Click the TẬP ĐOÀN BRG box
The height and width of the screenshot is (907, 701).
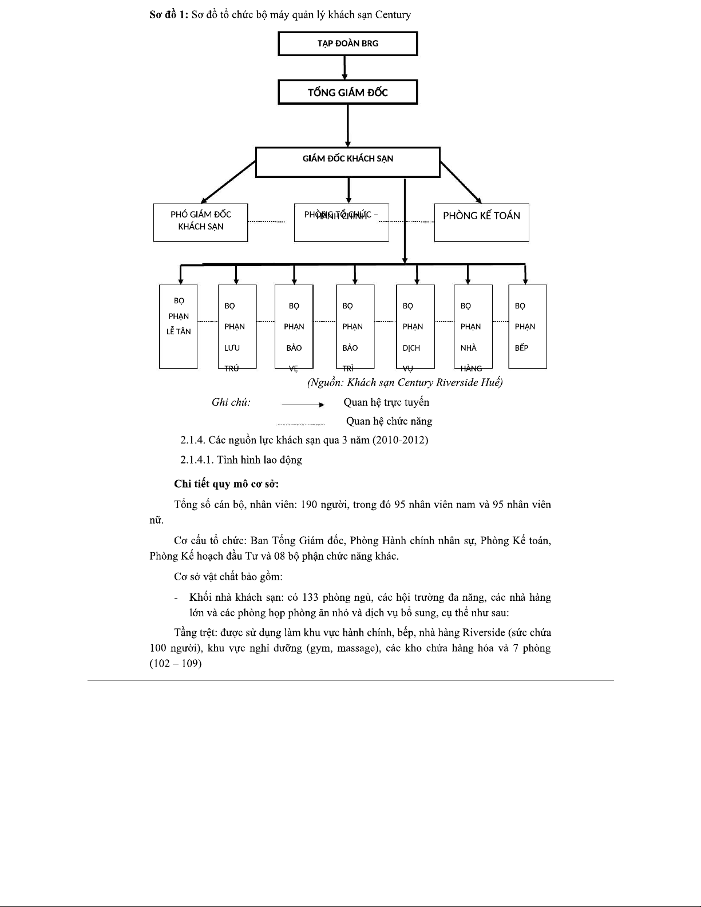coord(347,43)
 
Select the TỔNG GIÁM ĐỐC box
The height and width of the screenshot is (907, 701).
coord(347,92)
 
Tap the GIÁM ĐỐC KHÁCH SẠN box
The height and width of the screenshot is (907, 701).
coord(347,162)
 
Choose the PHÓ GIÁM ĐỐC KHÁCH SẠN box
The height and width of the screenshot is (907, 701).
coord(200,222)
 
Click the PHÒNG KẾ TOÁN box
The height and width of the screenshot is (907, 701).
coord(481,222)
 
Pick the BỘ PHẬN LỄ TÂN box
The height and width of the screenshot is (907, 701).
coord(178,326)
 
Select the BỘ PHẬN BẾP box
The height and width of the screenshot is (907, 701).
coord(527,326)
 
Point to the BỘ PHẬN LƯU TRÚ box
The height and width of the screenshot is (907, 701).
coord(237,326)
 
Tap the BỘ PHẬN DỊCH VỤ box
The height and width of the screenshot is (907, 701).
coord(415,326)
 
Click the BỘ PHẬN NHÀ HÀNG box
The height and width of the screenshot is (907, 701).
coord(473,326)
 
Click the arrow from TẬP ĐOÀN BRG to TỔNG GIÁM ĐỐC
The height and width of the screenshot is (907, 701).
coord(344,68)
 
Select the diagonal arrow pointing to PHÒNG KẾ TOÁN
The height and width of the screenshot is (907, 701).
coord(461,183)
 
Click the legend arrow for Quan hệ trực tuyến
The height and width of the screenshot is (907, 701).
coord(303,405)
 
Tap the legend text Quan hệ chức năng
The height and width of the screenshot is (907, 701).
coord(389,421)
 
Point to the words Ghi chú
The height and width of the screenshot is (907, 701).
coord(231,402)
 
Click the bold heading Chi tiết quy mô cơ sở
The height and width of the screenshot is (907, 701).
coord(226,484)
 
